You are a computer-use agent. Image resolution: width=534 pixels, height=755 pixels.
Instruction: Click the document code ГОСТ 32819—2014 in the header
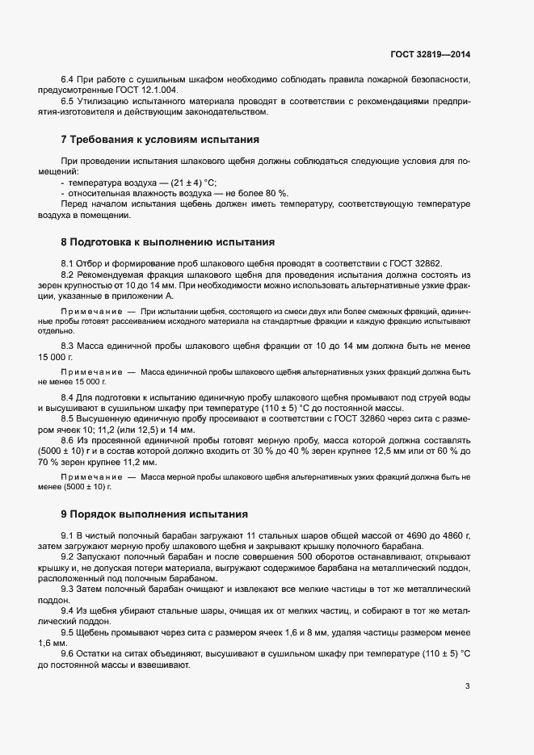pos(429,55)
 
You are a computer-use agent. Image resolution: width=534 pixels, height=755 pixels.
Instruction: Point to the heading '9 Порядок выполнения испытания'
pos(155,514)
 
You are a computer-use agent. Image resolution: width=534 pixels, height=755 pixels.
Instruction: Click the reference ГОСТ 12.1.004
pos(150,90)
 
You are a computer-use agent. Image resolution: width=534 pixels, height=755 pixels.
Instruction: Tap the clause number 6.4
pos(68,79)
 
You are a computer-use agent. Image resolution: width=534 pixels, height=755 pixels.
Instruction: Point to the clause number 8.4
pos(68,398)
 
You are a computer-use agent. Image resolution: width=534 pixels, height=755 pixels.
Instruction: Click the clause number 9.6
pos(68,652)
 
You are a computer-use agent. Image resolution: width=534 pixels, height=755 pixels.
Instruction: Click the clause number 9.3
pos(68,589)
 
